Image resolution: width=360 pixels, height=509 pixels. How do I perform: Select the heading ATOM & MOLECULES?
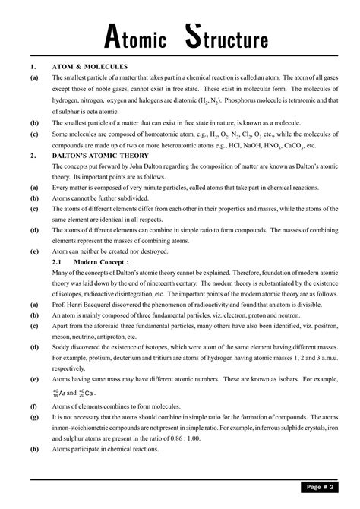[90, 67]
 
